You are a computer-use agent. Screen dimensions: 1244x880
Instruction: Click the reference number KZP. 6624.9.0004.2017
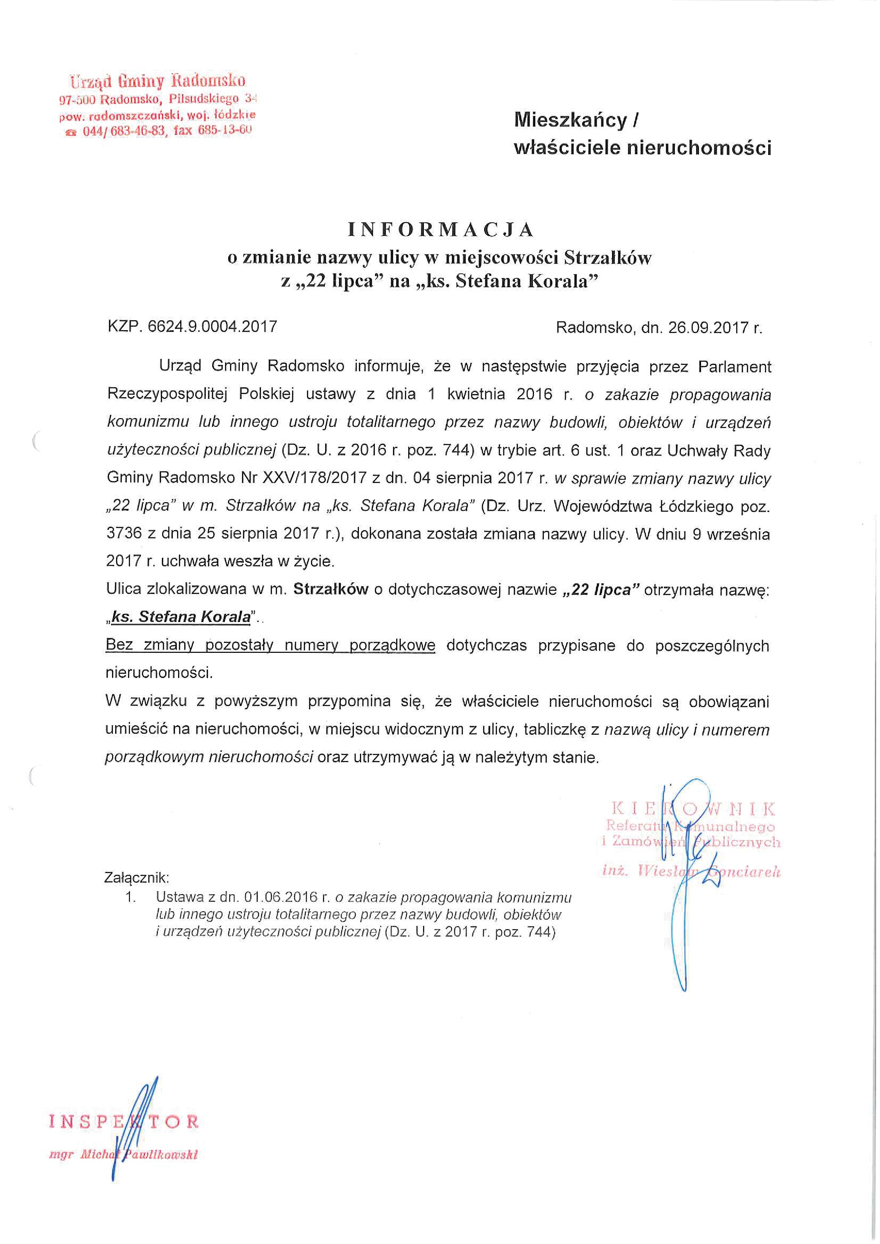192,326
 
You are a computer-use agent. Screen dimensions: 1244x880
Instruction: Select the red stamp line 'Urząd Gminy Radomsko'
157,81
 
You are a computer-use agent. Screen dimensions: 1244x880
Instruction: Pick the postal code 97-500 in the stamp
77,100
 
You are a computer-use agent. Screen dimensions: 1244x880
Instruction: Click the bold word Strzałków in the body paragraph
331,589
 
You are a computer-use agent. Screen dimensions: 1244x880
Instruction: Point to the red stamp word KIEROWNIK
693,809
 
